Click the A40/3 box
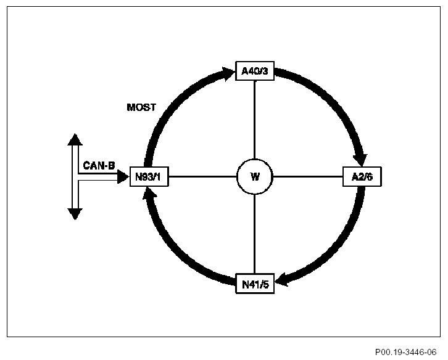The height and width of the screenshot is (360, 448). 254,72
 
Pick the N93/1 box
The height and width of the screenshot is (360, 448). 149,177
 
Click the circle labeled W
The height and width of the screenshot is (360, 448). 254,177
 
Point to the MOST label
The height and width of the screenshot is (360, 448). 141,107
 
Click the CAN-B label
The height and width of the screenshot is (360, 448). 99,166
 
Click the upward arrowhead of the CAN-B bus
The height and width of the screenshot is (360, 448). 75,138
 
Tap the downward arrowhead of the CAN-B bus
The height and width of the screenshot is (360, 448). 75,214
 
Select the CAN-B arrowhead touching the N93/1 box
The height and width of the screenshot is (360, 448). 122,177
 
